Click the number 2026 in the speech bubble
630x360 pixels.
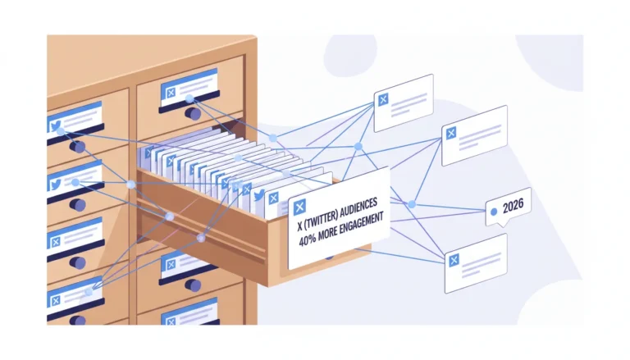tap(513, 206)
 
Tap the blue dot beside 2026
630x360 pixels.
tap(494, 212)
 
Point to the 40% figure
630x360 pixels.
tap(307, 240)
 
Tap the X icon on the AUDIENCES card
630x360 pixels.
tap(299, 207)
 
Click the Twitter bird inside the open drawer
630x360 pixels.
tap(259, 196)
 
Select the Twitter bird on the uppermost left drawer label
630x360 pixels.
tap(56, 125)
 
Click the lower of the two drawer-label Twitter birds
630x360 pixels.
tap(56, 185)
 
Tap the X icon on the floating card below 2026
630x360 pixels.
tap(454, 260)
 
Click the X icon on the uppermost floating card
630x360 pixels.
tap(383, 99)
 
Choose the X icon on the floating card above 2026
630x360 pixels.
tap(451, 133)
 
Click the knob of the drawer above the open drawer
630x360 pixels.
tap(194, 113)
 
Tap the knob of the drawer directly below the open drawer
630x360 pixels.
tap(194, 285)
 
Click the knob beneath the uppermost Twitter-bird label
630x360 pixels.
tap(77, 147)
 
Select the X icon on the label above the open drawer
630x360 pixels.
tap(171, 93)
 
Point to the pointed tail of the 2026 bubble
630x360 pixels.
tap(502, 226)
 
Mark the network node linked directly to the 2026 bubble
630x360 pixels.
tap(412, 204)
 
